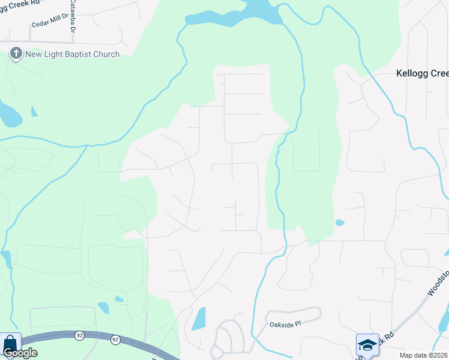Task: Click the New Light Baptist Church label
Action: pos(72,55)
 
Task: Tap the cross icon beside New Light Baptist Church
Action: pos(16,55)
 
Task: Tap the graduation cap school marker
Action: pos(367,345)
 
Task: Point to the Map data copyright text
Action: pos(424,355)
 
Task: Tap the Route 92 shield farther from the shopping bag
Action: pos(115,340)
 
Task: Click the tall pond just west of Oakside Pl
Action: pos(198,319)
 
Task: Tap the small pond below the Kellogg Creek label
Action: pos(340,223)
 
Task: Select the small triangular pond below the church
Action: pos(34,111)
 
